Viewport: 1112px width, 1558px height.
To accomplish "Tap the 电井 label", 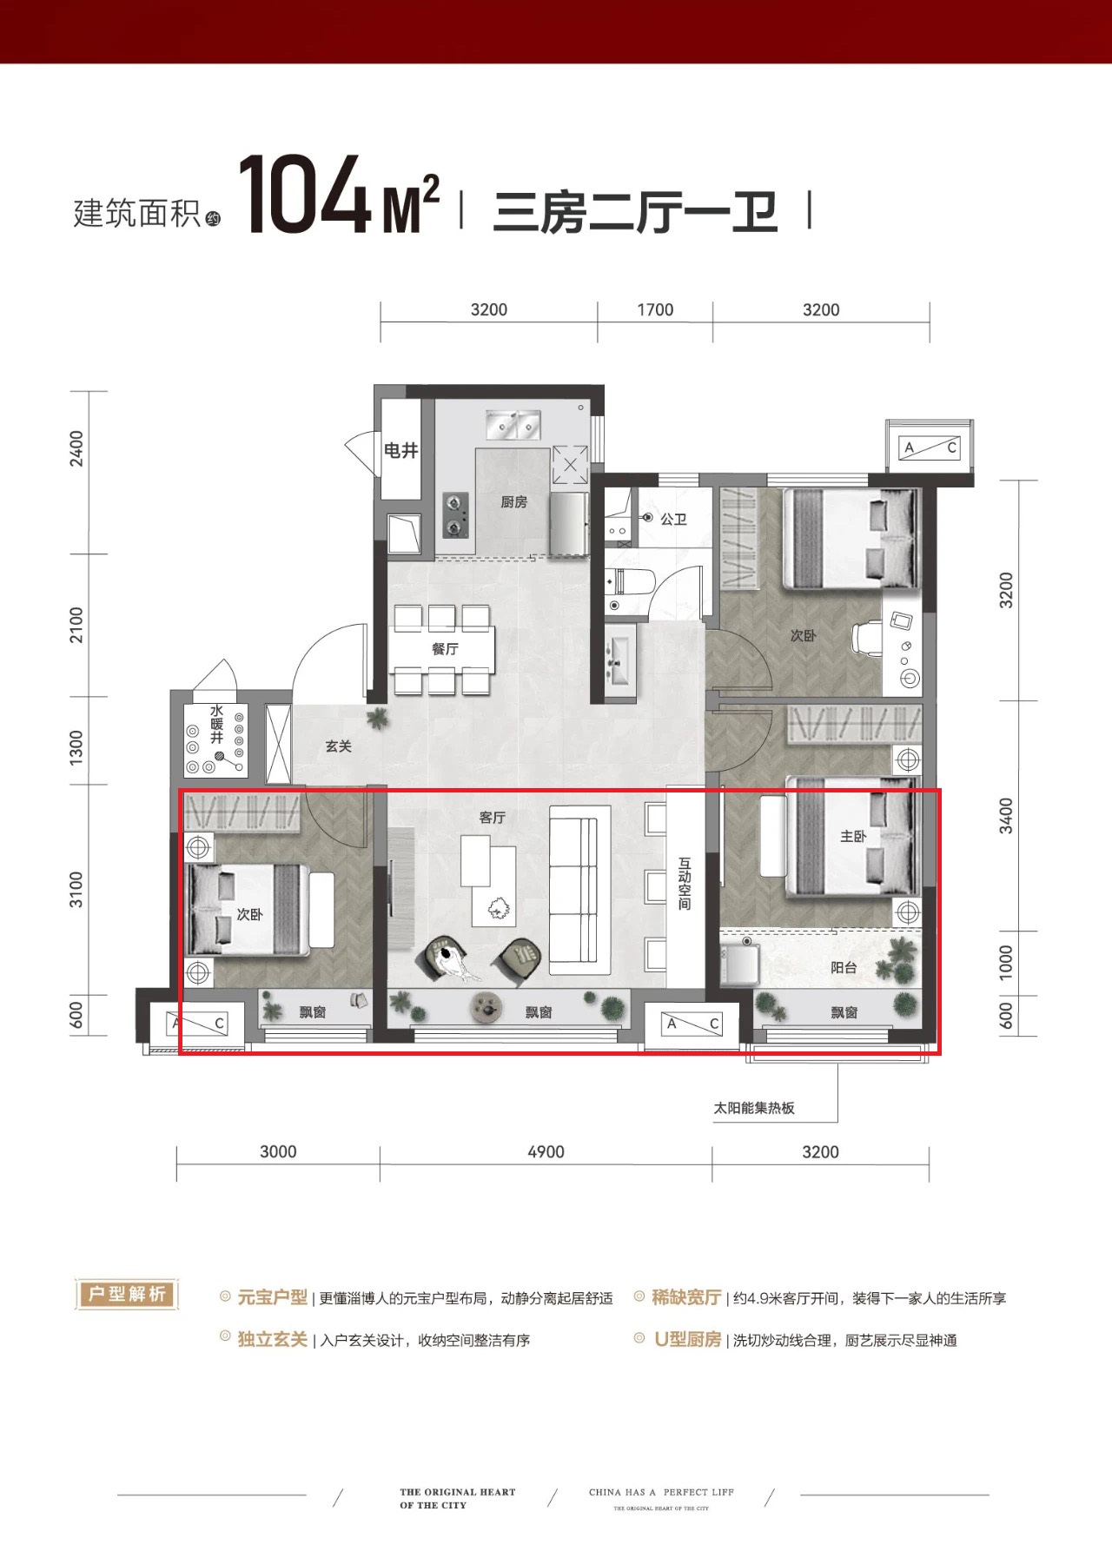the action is click(x=401, y=451).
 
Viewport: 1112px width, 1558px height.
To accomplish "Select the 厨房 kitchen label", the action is click(x=513, y=502).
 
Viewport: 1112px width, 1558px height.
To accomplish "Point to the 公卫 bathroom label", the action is click(x=673, y=519).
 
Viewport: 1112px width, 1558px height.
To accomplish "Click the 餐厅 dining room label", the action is click(x=445, y=649).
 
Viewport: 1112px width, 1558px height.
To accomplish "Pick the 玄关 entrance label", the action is click(x=338, y=746).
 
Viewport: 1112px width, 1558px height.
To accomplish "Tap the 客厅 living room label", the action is click(x=492, y=818).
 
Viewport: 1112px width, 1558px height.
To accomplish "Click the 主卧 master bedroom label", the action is click(x=853, y=836).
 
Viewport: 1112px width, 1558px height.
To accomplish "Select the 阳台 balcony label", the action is click(x=844, y=967).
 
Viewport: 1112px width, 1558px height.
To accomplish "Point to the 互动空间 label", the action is click(x=685, y=885).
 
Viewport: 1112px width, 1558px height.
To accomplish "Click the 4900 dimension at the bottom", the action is click(x=546, y=1151).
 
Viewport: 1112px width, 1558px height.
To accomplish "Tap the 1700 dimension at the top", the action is click(x=655, y=310).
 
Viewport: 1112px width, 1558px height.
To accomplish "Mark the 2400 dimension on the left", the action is click(x=77, y=448).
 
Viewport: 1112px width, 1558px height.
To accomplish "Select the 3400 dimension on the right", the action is click(x=1006, y=816).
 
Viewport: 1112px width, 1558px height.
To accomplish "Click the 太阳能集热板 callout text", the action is click(x=754, y=1108).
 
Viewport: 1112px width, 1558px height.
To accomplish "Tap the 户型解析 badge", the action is click(x=127, y=1294).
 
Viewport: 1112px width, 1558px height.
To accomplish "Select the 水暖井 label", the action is click(x=216, y=724).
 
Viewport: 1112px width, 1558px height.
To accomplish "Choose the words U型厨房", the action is click(x=688, y=1340).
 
